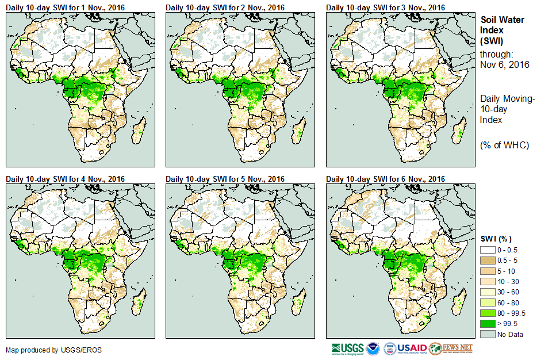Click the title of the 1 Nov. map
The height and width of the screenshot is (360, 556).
coord(66,7)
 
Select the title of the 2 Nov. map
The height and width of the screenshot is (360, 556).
coord(225,7)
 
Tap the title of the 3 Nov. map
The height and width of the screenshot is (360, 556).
coord(385,7)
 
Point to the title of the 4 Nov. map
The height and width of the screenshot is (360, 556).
coord(66,179)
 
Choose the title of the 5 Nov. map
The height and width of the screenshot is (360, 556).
coord(225,179)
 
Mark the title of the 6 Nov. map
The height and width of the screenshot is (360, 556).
coord(385,179)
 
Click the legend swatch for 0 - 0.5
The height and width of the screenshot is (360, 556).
coord(487,250)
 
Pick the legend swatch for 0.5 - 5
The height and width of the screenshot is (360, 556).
coord(487,261)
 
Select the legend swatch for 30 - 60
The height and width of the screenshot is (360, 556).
coord(487,292)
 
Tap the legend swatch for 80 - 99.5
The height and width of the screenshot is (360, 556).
coord(487,313)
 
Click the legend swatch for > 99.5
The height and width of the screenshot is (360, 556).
coord(487,324)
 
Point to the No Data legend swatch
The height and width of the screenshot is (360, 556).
coord(487,334)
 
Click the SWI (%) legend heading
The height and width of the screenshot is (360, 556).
coord(496,239)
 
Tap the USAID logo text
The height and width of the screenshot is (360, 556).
coord(412,348)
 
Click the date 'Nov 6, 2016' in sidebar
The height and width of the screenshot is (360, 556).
coord(504,64)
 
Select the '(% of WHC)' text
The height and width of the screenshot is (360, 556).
coord(504,144)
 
